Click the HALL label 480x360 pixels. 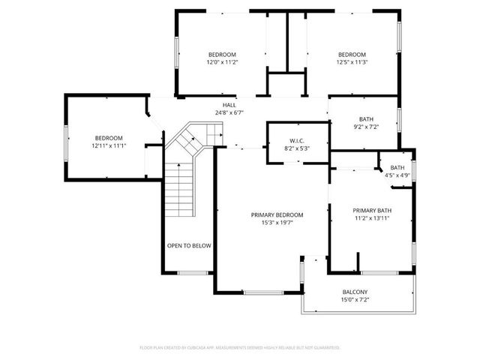click(229, 105)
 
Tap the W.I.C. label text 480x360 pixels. click(295, 141)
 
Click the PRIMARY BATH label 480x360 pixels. click(371, 211)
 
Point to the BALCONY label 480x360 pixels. click(355, 292)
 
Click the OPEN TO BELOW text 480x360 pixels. click(189, 245)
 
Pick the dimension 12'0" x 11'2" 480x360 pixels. click(222, 63)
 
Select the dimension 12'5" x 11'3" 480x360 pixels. click(352, 63)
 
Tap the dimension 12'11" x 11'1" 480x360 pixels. click(109, 145)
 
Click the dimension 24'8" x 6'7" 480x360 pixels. click(229, 112)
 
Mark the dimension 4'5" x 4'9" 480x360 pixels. click(397, 175)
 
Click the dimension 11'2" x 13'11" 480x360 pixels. click(371, 219)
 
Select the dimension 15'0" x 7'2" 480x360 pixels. click(355, 300)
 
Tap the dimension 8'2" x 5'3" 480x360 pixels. click(295, 148)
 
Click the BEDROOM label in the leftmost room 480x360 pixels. click(109, 138)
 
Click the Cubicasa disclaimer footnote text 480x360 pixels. click(240, 348)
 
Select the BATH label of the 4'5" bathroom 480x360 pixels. click(397, 168)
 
